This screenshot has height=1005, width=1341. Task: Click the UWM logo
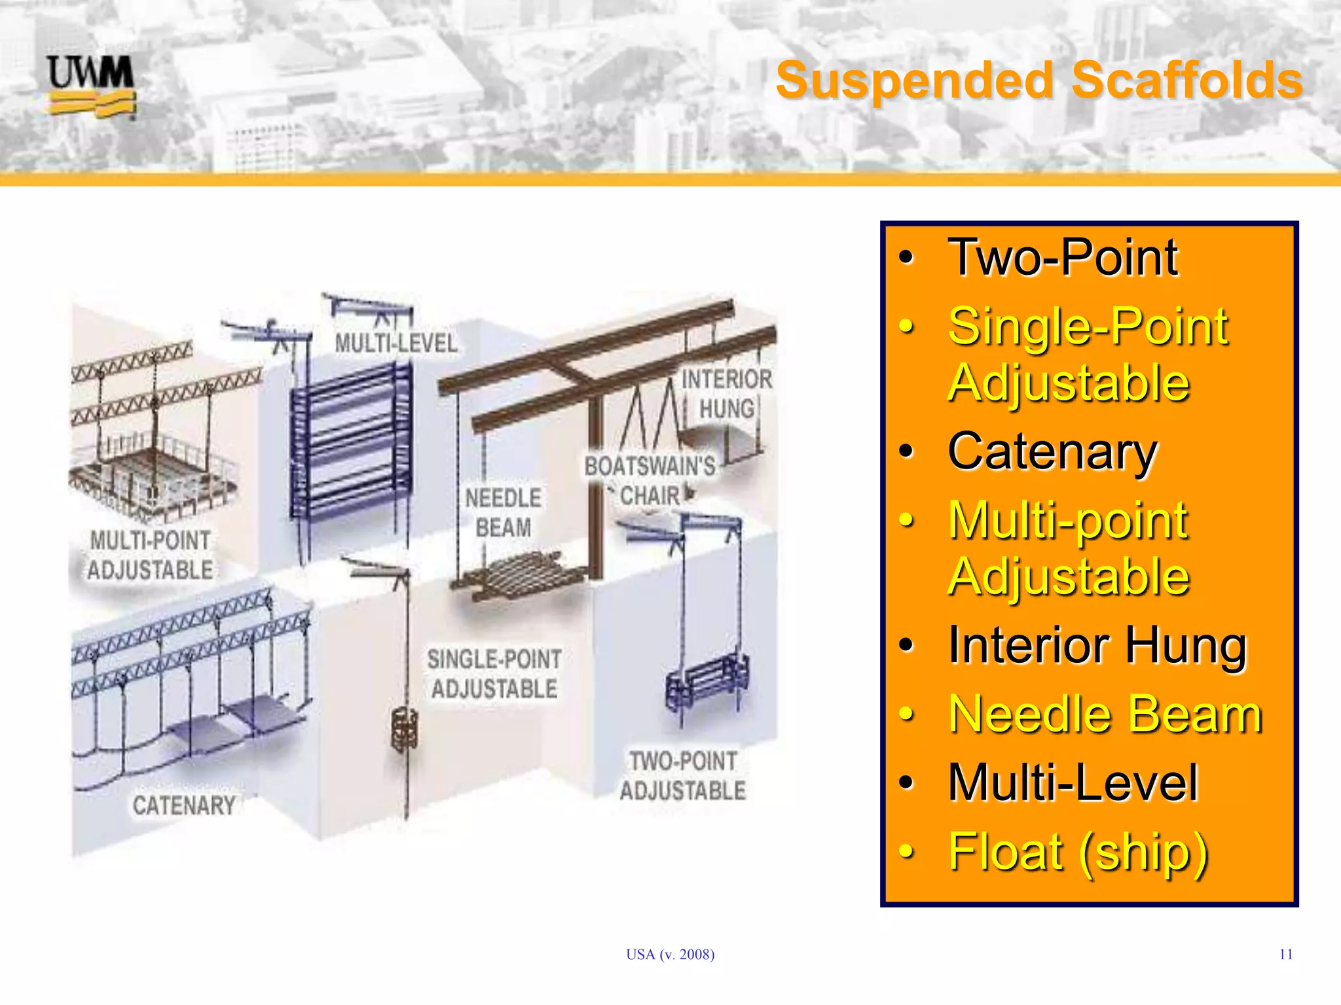pyautogui.click(x=91, y=86)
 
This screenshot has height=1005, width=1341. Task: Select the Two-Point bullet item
pyautogui.click(x=1062, y=258)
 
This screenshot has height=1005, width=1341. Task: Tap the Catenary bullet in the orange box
pyautogui.click(x=1052, y=451)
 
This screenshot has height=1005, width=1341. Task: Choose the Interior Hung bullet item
pyautogui.click(x=1097, y=645)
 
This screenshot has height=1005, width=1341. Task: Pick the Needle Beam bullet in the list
pyautogui.click(x=1105, y=714)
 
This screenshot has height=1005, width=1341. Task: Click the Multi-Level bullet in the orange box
pyautogui.click(x=1073, y=783)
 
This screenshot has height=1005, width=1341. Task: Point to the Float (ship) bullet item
pyautogui.click(x=1078, y=852)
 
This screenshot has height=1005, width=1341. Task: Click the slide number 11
pyautogui.click(x=1285, y=955)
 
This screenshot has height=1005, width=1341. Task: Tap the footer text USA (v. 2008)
pyautogui.click(x=670, y=955)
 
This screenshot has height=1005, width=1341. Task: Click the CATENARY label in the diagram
pyautogui.click(x=184, y=805)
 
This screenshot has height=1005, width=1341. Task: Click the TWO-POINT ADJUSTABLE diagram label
pyautogui.click(x=683, y=776)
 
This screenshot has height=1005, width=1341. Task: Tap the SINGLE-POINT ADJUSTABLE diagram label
pyautogui.click(x=494, y=674)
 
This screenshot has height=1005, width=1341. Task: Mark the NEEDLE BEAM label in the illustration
pyautogui.click(x=503, y=513)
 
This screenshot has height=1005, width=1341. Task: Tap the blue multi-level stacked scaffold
pyautogui.click(x=351, y=445)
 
